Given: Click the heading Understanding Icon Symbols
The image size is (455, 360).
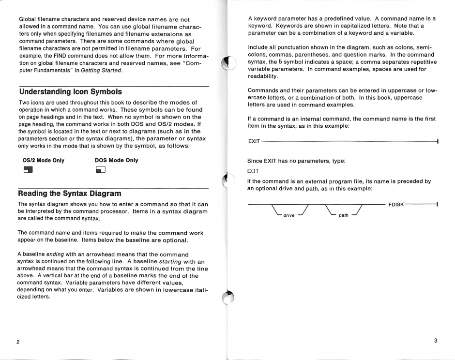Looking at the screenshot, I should point(70,91).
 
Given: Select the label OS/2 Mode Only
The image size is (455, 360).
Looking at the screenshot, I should point(44,160).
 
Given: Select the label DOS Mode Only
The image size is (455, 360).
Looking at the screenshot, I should point(117,160).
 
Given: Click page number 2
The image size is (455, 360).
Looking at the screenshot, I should point(18,342).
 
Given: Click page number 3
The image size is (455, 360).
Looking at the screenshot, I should point(436,341).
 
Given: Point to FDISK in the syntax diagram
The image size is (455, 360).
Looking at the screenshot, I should point(396,205).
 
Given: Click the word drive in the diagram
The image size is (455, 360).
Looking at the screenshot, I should point(289,215).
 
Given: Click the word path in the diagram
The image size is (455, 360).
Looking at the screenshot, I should point(344,215).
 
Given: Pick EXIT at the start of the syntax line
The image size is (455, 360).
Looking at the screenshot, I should point(254,141).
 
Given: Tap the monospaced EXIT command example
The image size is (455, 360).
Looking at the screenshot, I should point(253,171).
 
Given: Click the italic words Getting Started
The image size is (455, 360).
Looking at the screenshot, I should point(102,71).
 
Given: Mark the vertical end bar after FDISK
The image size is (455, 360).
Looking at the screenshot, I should point(437,205).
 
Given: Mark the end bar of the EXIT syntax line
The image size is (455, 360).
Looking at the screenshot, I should point(437,141).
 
